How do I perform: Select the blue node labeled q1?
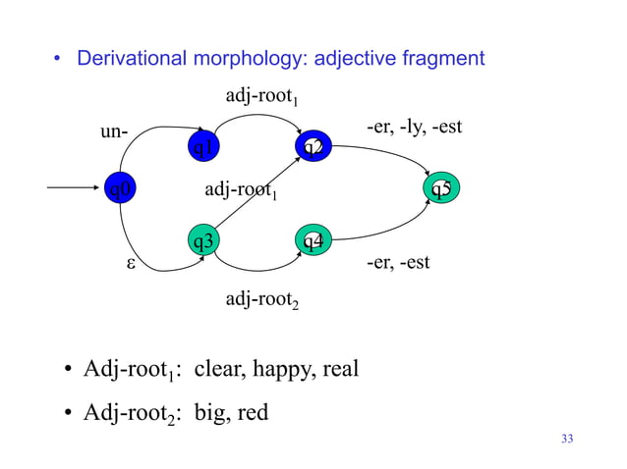(x=204, y=148)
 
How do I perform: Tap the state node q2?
(x=313, y=148)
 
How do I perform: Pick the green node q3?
(x=204, y=239)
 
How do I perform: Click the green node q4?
(x=313, y=239)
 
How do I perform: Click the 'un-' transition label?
(x=114, y=130)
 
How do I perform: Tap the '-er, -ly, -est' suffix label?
(x=413, y=128)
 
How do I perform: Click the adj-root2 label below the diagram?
(x=261, y=299)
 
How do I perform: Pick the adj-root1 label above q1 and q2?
(x=261, y=97)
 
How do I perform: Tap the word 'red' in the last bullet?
(x=253, y=413)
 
